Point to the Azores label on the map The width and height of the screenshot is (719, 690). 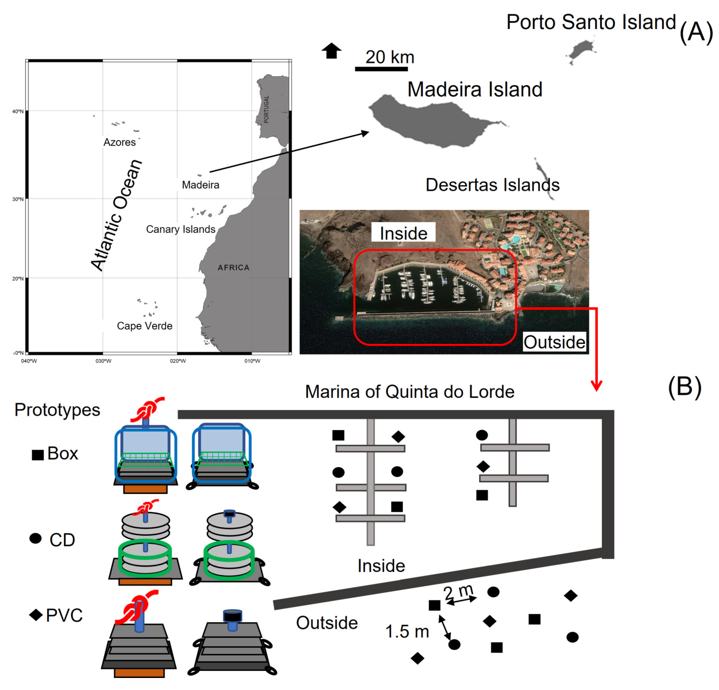120,142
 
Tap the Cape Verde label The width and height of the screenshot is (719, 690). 145,326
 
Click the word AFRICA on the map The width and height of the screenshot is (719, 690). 233,268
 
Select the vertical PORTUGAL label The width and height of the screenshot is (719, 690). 266,109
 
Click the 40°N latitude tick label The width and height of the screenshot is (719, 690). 18,111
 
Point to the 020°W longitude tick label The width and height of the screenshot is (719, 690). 178,361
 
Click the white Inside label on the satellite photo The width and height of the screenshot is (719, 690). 403,233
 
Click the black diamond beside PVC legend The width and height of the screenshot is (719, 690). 36,615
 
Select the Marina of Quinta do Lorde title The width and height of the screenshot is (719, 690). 409,392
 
